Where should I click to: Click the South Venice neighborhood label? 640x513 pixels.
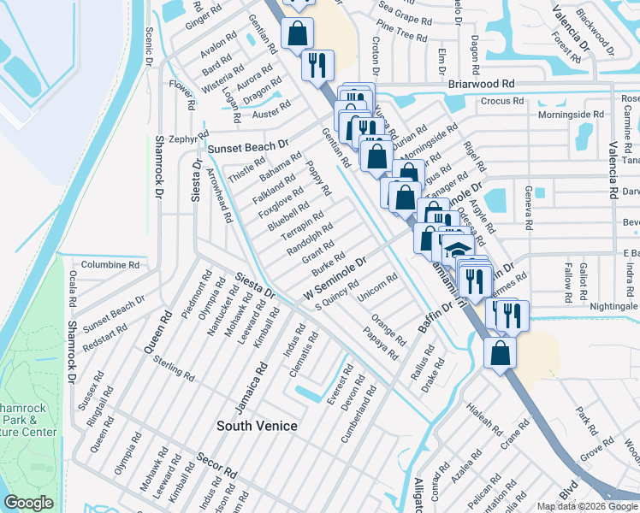pos(257,426)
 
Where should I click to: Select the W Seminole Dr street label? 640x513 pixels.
pos(335,275)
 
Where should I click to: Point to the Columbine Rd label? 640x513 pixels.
pos(110,265)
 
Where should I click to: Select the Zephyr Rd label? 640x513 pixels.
pos(183,139)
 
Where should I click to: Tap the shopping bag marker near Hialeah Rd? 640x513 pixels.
pos(500,351)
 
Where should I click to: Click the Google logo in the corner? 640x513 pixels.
pos(28,503)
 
